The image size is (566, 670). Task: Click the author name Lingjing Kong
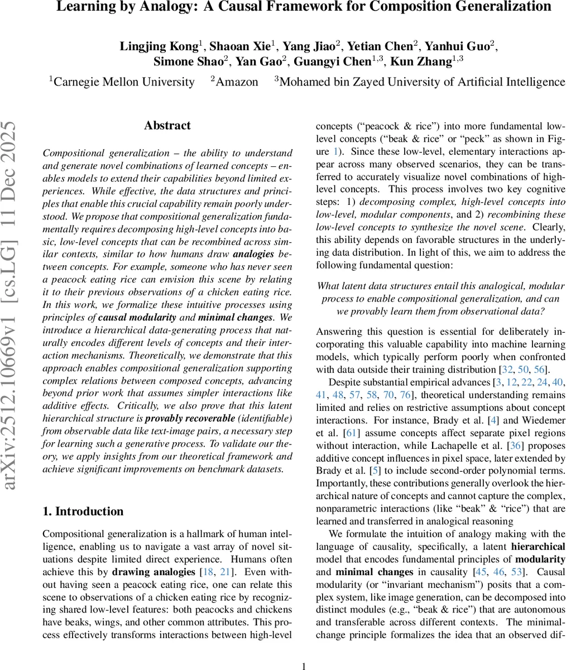click(x=158, y=46)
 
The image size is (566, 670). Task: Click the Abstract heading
click(x=167, y=126)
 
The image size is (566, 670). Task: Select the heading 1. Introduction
click(x=83, y=511)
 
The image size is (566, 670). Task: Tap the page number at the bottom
click(x=304, y=666)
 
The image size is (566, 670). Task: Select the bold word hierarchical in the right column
click(x=538, y=546)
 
